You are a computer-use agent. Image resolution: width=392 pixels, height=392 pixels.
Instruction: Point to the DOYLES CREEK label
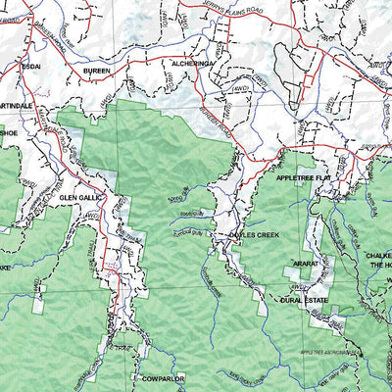coord(254,235)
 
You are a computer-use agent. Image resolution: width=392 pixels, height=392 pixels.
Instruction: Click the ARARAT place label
coord(305,266)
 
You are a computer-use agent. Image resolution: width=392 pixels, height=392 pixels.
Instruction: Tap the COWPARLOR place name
coord(162,377)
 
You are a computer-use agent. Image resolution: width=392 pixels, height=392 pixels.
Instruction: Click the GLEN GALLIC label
coord(81,196)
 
